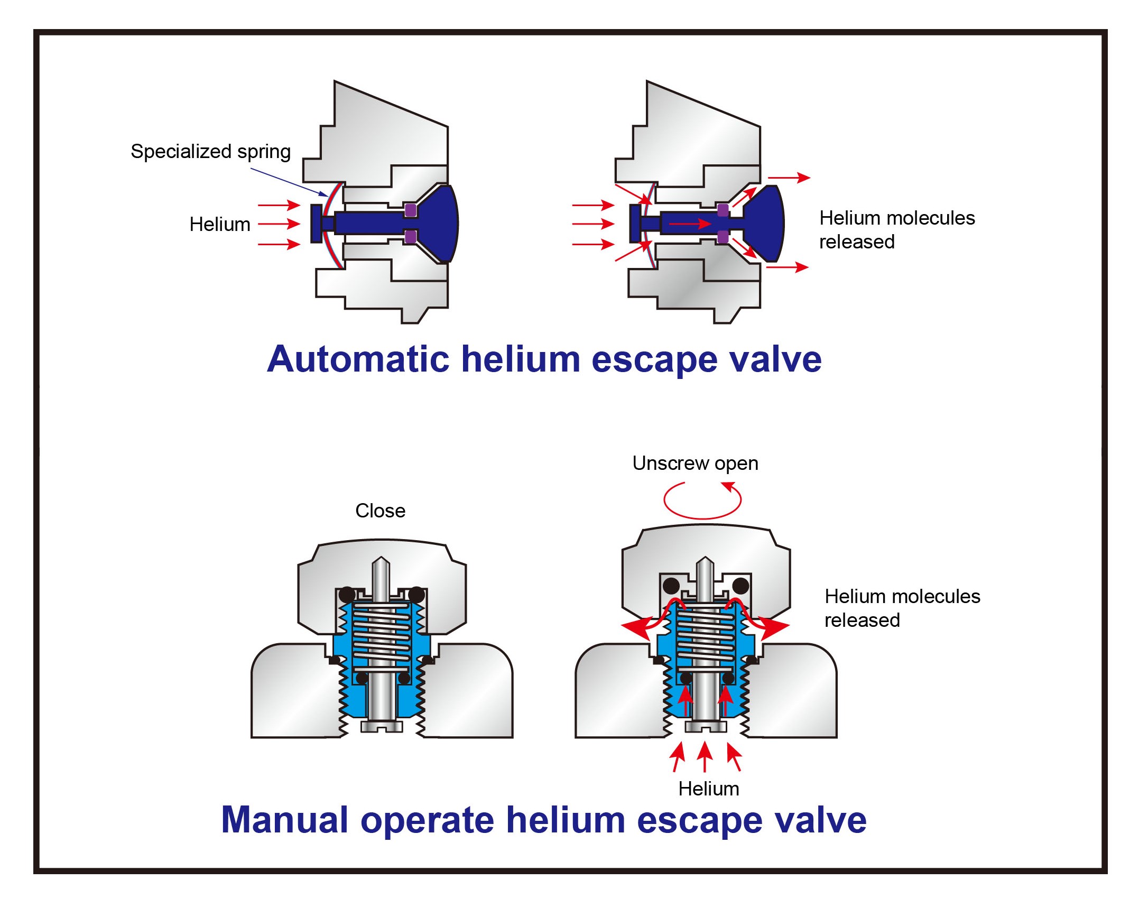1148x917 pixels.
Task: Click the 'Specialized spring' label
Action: tap(210, 152)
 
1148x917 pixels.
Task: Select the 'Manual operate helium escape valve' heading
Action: tap(544, 820)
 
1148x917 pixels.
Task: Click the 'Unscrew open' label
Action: tap(695, 464)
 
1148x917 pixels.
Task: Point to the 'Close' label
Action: tap(380, 511)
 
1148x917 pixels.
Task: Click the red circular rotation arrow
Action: tap(702, 501)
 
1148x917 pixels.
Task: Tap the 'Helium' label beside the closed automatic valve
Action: tap(219, 224)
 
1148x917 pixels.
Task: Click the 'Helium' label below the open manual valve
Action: tap(708, 789)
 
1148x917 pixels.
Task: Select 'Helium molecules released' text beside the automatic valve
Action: tap(896, 229)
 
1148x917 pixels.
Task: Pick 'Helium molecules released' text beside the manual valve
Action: tap(902, 608)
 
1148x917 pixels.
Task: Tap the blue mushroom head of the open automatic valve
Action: tap(764, 224)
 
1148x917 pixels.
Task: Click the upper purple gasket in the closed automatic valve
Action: tap(410, 210)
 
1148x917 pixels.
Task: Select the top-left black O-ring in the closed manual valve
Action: tap(347, 594)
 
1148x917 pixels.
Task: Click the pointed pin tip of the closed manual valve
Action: tap(380, 563)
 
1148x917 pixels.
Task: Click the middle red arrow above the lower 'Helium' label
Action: tap(705, 756)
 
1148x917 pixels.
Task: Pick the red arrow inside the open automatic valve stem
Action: tap(690, 224)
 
